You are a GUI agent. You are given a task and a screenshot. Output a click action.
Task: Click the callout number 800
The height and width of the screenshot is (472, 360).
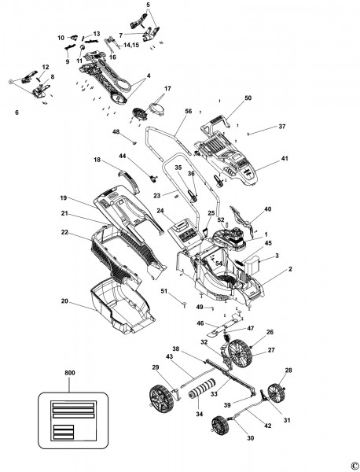point(70,373)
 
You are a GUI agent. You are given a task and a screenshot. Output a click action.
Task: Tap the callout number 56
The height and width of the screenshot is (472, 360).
point(189,111)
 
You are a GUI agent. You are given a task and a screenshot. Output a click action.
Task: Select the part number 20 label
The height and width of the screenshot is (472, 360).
point(64,301)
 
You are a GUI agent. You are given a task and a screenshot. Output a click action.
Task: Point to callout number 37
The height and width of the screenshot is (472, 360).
point(282,127)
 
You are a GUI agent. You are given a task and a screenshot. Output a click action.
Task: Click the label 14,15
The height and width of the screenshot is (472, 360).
point(131,45)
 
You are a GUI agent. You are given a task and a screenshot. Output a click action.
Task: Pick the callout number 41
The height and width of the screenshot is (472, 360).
point(285,158)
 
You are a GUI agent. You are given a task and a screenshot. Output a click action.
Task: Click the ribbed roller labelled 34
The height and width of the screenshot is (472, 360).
point(200,390)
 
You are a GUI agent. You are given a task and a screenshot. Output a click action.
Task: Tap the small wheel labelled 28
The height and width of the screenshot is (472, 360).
point(275,391)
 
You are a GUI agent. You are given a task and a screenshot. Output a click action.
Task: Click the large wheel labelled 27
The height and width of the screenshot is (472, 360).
point(240,353)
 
